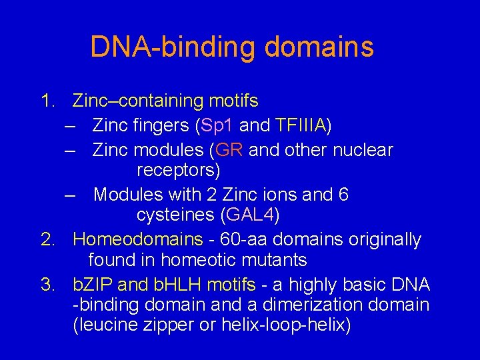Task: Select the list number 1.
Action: point(46,101)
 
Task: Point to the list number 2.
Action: point(46,239)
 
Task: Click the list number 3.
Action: point(46,285)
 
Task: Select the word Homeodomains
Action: point(138,239)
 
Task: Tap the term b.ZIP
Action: point(93,285)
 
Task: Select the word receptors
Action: point(178,171)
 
